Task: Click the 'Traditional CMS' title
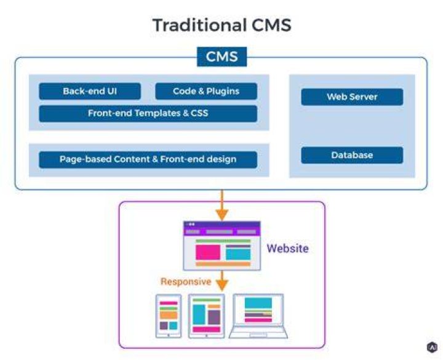(221, 25)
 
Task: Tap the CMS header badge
(221, 57)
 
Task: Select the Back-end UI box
(90, 91)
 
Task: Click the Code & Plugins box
(206, 91)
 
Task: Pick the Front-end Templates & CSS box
(148, 114)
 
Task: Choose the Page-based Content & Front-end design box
(148, 159)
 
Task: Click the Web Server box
(352, 97)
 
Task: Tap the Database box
(352, 155)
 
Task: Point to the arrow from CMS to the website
(222, 205)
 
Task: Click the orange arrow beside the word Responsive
(222, 281)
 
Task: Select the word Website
(287, 249)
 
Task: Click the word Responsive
(186, 281)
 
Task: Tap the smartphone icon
(169, 316)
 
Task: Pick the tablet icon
(207, 316)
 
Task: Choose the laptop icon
(258, 316)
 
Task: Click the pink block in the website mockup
(208, 252)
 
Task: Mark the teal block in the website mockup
(238, 254)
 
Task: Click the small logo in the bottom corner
(432, 347)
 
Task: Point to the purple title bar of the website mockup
(222, 225)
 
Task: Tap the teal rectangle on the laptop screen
(258, 303)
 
